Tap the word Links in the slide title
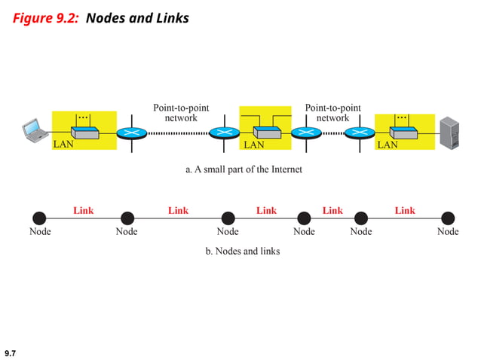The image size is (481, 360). click(170, 17)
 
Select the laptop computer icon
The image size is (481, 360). click(34, 130)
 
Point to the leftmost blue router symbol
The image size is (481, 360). click(133, 133)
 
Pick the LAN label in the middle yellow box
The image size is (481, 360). click(253, 145)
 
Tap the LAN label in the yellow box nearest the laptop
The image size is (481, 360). click(63, 145)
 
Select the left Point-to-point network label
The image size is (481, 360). click(181, 113)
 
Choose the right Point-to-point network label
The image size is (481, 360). click(332, 113)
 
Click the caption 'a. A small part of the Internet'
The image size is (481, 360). click(244, 169)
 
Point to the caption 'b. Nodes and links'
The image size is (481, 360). click(243, 251)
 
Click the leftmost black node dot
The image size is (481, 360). click(39, 218)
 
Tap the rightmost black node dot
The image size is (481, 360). click(448, 218)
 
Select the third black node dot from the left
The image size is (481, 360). click(228, 218)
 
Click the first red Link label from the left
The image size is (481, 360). click(84, 210)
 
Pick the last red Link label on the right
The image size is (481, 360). click(405, 210)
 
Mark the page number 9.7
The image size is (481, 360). click(11, 352)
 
